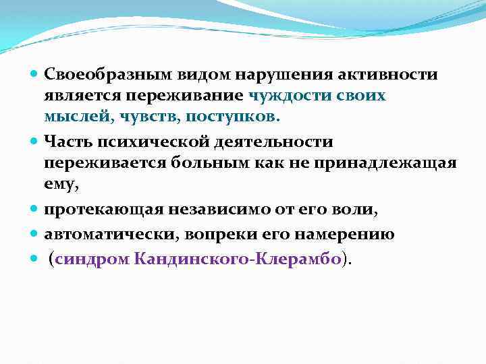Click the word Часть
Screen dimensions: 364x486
[x=64, y=142]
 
